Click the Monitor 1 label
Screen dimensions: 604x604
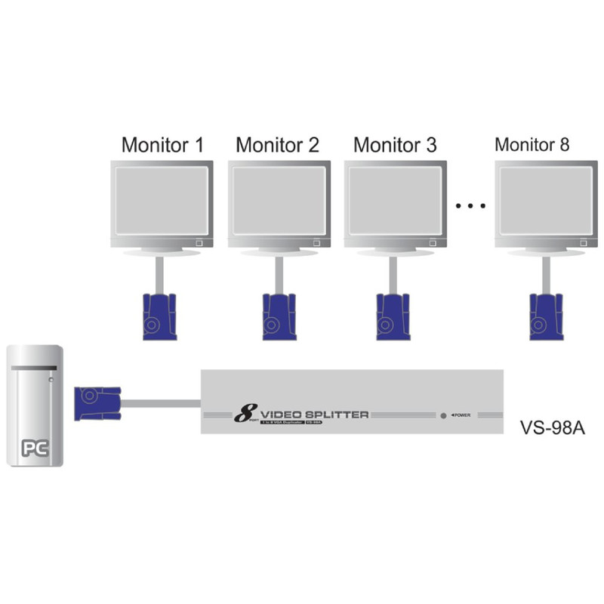pos(163,145)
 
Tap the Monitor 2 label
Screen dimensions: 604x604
pos(278,145)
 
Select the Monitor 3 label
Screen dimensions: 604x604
pos(395,145)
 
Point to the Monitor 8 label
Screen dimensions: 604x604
pos(532,144)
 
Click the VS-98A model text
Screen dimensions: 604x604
pos(553,427)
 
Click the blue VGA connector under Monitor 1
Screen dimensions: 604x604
pos(159,315)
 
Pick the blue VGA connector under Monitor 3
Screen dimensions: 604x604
pos(393,315)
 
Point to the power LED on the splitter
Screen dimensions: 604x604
pos(443,415)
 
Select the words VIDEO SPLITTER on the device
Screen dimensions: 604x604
pos(314,414)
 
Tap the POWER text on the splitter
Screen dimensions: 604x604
pos(461,415)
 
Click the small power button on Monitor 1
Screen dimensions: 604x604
pos(199,243)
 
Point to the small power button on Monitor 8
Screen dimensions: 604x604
pos(583,243)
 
